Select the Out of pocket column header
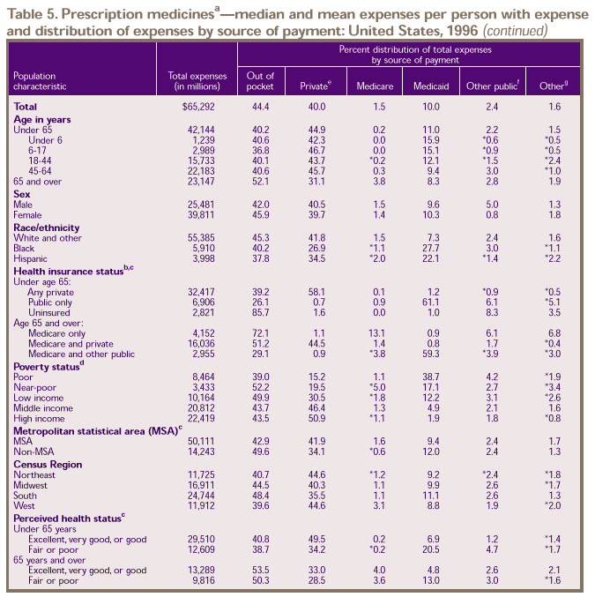[261, 82]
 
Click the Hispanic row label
[32, 259]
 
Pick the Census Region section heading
[48, 464]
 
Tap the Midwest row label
[32, 486]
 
